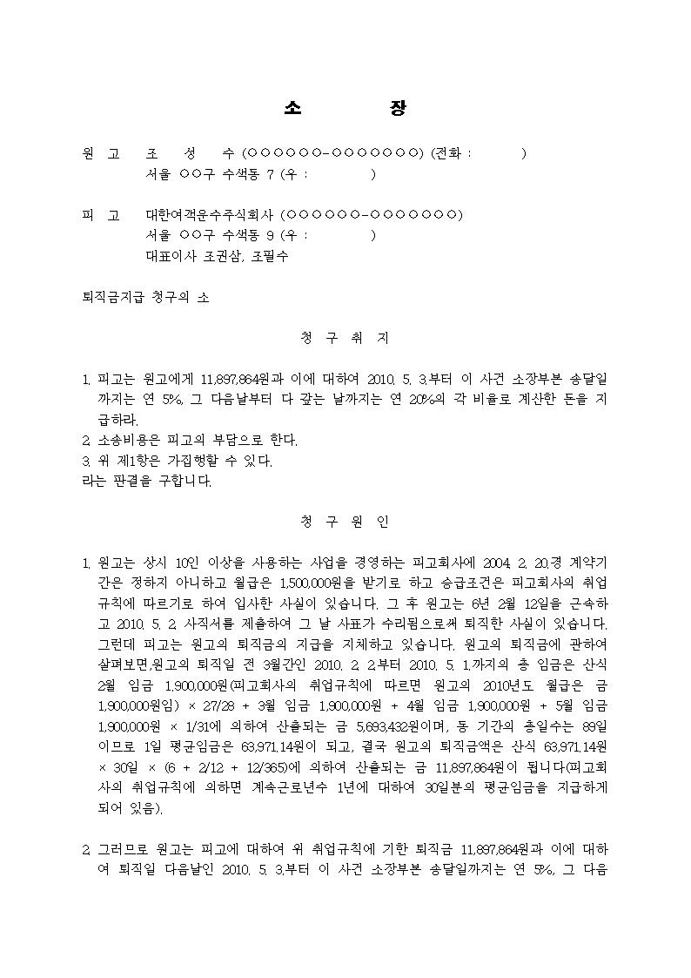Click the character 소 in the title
[292, 108]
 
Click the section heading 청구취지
[345, 337]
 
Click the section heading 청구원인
[345, 522]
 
